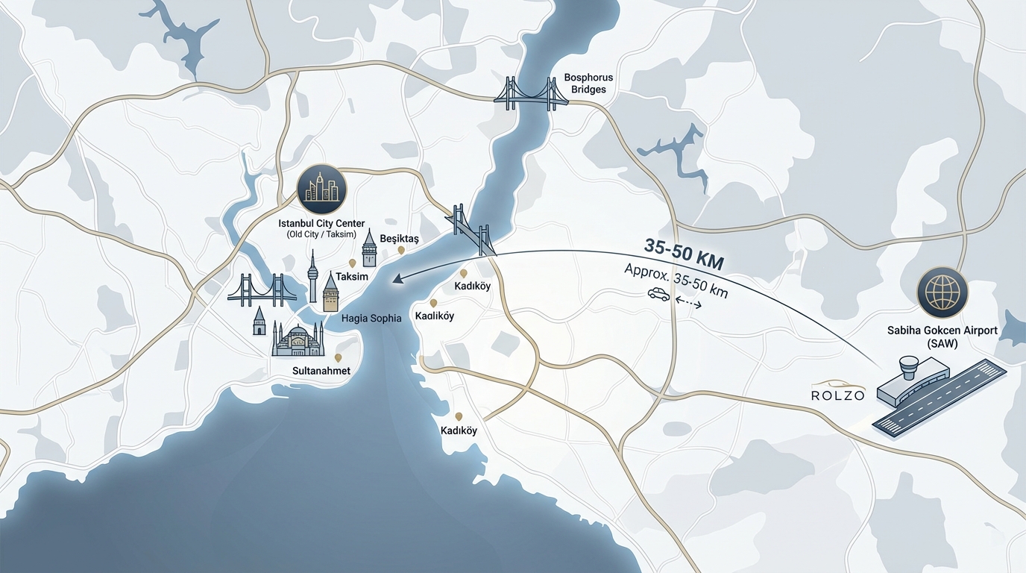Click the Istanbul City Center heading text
(321, 223)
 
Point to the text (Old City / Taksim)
(321, 234)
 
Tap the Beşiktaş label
(400, 238)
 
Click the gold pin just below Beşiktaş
(401, 251)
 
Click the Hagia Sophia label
(371, 319)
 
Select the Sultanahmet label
(322, 371)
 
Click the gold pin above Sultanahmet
(338, 358)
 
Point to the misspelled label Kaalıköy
(434, 316)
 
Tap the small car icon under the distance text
(658, 294)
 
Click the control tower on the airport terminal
(908, 368)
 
